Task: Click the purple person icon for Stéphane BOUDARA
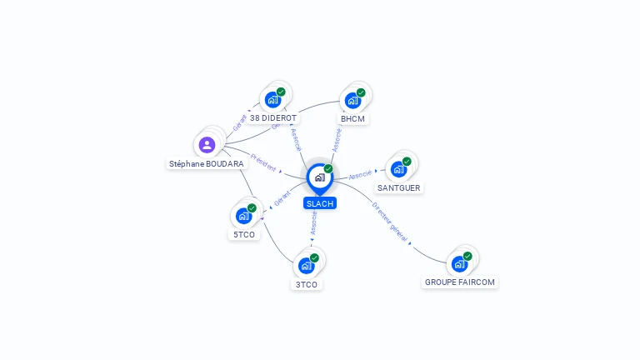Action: [x=207, y=145]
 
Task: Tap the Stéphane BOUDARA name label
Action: [x=207, y=164]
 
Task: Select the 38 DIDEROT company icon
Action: [x=272, y=100]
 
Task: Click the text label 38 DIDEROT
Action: [x=273, y=118]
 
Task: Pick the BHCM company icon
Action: [x=352, y=101]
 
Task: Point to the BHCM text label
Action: [x=353, y=118]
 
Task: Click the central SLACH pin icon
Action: [x=319, y=177]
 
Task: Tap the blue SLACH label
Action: [x=320, y=203]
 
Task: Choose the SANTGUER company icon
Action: [x=398, y=169]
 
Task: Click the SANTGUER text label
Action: [x=400, y=188]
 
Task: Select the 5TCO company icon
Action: [x=243, y=216]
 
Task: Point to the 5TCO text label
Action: [x=244, y=234]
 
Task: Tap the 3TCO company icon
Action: [x=306, y=266]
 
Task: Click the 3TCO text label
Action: [x=307, y=284]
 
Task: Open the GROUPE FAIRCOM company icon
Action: [x=459, y=264]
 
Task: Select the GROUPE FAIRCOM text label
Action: [x=460, y=282]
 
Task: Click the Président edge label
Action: [x=264, y=162]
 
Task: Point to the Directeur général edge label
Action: [x=390, y=221]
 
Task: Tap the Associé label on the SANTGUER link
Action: [x=361, y=175]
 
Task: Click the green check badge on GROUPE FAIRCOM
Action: [x=467, y=256]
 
